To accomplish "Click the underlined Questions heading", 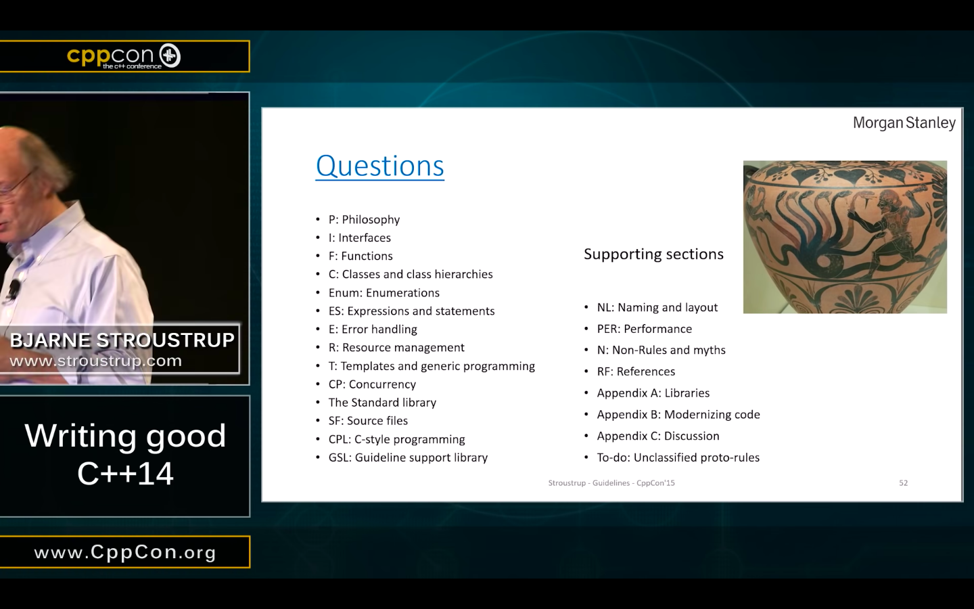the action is click(379, 166).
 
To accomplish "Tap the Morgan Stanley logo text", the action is click(904, 123).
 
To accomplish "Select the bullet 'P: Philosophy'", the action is click(364, 219).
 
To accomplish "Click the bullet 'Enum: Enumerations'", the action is click(384, 293).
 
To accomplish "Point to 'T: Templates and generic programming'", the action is click(432, 366).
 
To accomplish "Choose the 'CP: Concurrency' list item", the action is click(372, 384).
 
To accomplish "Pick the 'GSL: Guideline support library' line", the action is click(408, 457).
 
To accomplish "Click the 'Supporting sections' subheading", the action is click(653, 254).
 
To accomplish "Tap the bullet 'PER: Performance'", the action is click(644, 329).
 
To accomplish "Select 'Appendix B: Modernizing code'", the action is click(678, 415).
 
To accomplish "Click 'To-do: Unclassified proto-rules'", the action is click(678, 457).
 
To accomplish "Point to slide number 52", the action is click(903, 483).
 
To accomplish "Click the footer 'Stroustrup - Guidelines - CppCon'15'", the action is click(611, 483).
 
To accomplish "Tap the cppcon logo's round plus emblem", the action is click(170, 55).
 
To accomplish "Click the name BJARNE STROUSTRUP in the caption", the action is click(122, 340).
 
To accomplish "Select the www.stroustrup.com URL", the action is click(95, 361).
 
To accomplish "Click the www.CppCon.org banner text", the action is click(125, 552).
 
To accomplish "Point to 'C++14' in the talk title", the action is click(126, 473).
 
